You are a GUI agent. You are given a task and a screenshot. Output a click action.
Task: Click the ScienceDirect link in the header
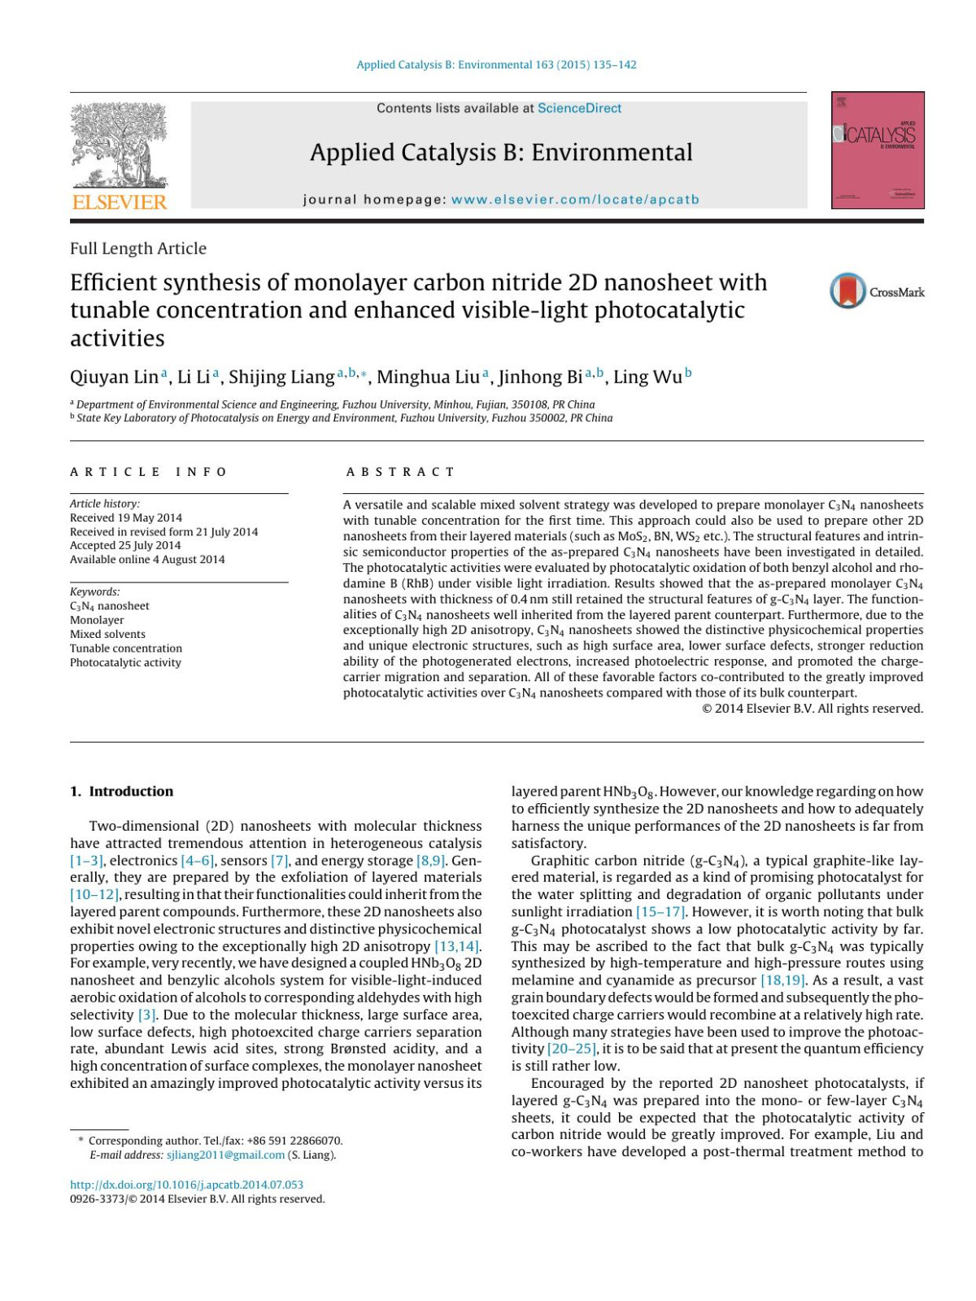tap(579, 108)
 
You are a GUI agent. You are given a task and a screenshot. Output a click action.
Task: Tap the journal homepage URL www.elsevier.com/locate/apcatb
tap(575, 199)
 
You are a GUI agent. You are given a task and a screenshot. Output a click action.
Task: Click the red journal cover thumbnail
tap(878, 151)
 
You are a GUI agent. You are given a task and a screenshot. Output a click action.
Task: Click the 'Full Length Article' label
tap(138, 248)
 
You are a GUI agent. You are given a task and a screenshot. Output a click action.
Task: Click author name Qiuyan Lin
tap(114, 377)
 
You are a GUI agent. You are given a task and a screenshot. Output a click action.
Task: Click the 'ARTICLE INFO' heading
tap(149, 472)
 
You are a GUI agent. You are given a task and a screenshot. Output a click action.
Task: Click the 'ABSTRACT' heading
tap(400, 472)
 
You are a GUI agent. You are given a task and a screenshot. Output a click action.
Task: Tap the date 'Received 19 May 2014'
tap(126, 517)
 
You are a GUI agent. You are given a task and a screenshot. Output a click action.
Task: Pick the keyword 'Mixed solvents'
tap(107, 634)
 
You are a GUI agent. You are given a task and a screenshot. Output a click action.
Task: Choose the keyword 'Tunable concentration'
tap(126, 648)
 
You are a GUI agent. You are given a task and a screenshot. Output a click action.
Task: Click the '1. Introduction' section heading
tap(121, 791)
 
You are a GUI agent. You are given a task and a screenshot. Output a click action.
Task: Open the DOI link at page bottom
tap(186, 1185)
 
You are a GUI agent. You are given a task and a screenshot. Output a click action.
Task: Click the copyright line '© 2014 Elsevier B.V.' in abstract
tap(812, 709)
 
